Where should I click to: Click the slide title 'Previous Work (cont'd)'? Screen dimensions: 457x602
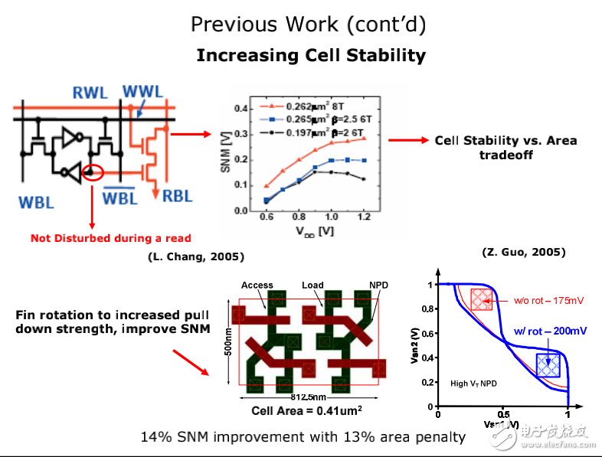point(309,24)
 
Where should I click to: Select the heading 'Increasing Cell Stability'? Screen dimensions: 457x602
point(311,55)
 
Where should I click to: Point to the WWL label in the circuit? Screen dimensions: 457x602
point(142,92)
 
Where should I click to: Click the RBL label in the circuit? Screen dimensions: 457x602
point(178,196)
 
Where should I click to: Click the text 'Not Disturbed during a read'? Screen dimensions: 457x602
point(110,238)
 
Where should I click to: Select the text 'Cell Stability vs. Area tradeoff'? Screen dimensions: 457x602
point(505,147)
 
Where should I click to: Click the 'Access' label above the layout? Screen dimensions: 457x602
point(257,285)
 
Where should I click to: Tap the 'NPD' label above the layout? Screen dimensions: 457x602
point(378,285)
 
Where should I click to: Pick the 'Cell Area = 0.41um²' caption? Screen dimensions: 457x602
point(306,410)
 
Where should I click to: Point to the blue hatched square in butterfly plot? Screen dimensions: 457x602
point(548,365)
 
